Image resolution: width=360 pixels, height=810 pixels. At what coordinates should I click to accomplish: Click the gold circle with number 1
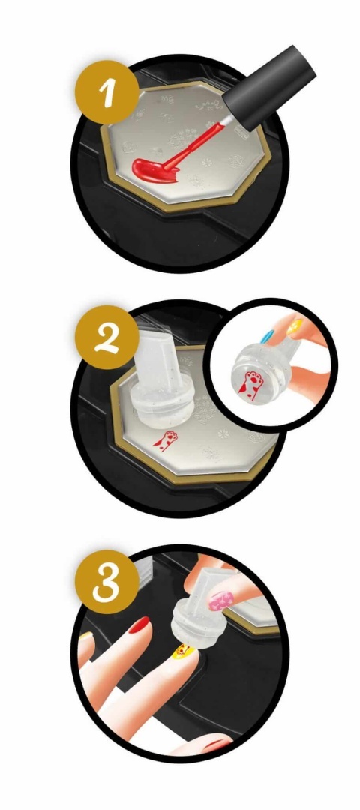107,91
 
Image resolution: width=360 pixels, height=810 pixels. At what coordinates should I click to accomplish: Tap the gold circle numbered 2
107,337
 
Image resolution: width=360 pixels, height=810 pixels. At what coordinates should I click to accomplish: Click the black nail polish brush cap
273,87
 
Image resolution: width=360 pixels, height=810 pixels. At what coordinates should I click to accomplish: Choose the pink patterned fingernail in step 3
221,601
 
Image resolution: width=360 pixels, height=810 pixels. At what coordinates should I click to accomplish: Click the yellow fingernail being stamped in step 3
184,649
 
